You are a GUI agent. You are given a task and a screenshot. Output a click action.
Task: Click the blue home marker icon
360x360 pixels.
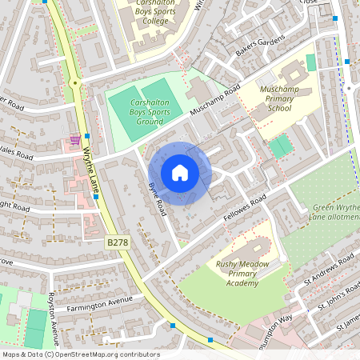point(180,173)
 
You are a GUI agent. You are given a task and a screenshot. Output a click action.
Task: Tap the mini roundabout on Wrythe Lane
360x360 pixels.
point(74,82)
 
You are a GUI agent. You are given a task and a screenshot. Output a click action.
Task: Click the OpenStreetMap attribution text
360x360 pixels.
point(81,354)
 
